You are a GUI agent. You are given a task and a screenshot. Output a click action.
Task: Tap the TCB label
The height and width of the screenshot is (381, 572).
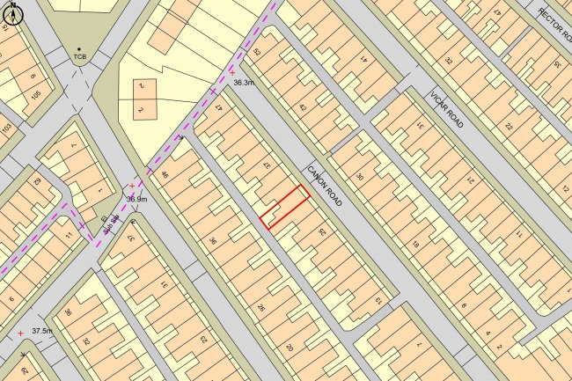(x=80, y=58)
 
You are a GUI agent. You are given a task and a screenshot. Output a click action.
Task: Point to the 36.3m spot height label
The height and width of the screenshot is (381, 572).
(x=244, y=83)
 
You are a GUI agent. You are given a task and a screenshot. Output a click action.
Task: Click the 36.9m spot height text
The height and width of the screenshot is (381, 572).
(x=136, y=199)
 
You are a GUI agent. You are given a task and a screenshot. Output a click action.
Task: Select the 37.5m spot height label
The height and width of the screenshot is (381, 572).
(x=42, y=331)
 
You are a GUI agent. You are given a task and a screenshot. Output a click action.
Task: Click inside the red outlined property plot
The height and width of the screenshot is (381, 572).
(x=286, y=208)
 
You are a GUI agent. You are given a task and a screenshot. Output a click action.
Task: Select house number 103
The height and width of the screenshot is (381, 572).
(x=7, y=129)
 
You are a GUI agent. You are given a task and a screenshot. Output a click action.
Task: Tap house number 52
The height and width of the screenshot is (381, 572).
(x=257, y=54)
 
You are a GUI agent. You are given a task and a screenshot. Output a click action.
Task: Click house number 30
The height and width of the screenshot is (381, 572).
(x=359, y=177)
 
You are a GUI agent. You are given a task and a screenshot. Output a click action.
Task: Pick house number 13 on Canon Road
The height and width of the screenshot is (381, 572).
(x=379, y=302)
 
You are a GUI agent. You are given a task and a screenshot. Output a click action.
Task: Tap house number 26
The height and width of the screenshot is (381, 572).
(x=260, y=308)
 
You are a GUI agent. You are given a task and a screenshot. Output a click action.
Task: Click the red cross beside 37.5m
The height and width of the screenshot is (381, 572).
(x=21, y=333)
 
